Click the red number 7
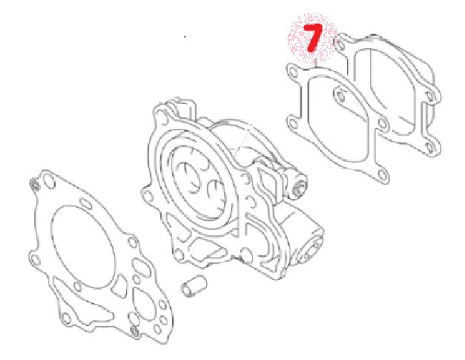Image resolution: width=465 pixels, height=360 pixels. [x=312, y=37]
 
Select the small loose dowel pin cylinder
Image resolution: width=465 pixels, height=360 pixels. [x=194, y=286]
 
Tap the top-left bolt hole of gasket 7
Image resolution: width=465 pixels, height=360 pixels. [x=294, y=72]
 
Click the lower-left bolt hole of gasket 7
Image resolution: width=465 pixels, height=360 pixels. [x=293, y=123]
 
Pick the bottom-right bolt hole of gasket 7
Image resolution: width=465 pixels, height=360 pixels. [x=382, y=175]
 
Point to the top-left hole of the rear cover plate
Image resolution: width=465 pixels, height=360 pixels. [x=340, y=45]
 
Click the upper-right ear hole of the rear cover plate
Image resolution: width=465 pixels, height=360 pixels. [x=430, y=95]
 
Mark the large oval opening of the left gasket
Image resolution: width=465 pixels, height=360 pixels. [x=83, y=247]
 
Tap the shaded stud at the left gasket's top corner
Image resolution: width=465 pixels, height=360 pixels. [x=36, y=186]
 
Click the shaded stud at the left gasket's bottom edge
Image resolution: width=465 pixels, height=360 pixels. [x=135, y=330]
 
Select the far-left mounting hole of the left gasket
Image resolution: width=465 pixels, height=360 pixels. [x=36, y=260]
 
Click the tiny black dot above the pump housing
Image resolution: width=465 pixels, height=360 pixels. [x=185, y=37]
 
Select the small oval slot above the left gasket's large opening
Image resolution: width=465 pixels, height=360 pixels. [x=86, y=203]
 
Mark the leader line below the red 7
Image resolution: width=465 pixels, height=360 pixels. [x=317, y=63]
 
